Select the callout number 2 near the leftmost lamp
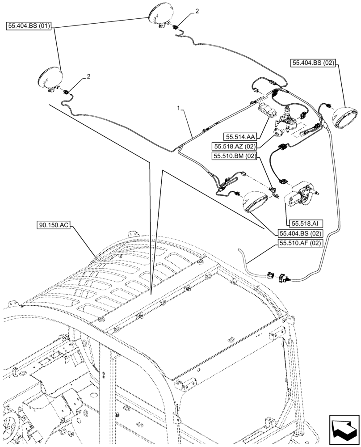(x=88, y=76)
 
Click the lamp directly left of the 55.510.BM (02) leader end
(x=255, y=202)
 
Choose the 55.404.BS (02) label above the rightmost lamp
(x=314, y=63)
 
